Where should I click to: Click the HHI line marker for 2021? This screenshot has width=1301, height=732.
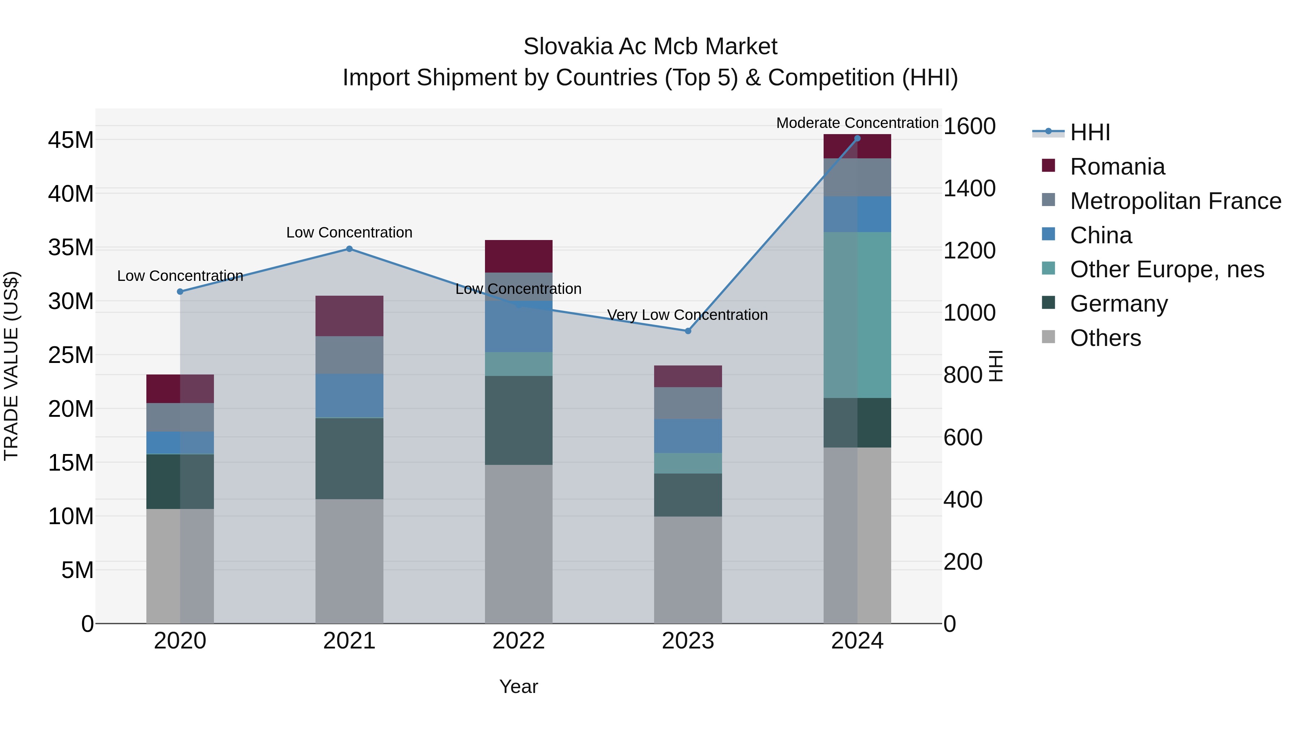tap(349, 249)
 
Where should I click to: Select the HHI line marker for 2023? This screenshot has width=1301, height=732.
tap(687, 331)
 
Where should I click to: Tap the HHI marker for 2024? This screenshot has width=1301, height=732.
tap(857, 138)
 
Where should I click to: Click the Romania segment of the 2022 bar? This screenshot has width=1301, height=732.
tap(518, 256)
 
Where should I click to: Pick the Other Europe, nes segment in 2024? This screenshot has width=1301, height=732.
tap(857, 315)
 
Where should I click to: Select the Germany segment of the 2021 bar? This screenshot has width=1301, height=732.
tap(349, 458)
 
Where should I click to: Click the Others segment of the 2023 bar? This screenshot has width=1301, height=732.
tap(687, 569)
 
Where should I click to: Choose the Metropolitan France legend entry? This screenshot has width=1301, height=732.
tap(1175, 201)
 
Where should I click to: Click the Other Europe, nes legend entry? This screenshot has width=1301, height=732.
tap(1167, 269)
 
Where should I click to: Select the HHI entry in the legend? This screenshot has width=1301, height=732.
tap(1089, 132)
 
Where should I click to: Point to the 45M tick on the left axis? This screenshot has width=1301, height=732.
tap(71, 140)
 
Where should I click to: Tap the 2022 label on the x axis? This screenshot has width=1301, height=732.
tap(518, 641)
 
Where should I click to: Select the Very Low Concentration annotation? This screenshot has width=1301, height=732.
tap(687, 315)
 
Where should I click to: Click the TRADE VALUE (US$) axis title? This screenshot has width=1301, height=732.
tap(11, 366)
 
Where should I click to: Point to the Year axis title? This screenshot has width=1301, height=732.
tap(518, 686)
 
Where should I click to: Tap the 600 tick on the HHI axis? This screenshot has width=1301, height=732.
tap(963, 437)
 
